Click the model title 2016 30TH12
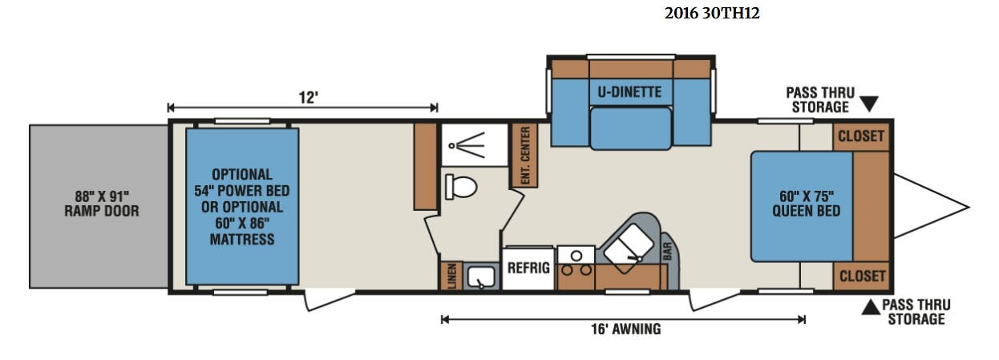coord(712,14)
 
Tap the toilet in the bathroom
coord(461,187)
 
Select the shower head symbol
coord(467,145)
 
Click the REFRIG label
coord(528,268)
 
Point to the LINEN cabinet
coord(451,276)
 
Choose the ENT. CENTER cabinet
coord(524,156)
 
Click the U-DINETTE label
coord(629,92)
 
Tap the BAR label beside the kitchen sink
coord(667,252)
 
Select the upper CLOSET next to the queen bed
coord(861,136)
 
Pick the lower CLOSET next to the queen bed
coord(862,276)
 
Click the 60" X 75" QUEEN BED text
coord(807,204)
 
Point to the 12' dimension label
coord(308,97)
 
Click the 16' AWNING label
coord(625,330)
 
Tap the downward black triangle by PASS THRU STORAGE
coord(869,104)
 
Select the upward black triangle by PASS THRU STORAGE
coord(871,307)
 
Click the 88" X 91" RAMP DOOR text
coord(102,204)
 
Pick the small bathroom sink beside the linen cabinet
coord(481,277)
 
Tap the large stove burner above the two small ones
coord(576,256)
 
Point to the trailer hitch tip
coord(969,207)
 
